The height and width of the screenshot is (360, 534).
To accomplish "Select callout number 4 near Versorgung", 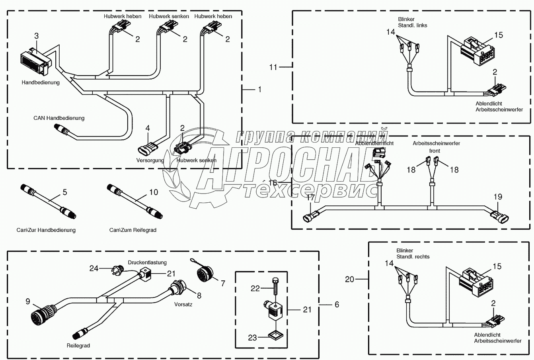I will click(148, 128).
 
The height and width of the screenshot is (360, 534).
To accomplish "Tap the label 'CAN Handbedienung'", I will click(58, 118).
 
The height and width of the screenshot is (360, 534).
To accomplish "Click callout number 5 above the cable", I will click(64, 193).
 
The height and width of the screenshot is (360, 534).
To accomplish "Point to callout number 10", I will click(154, 192).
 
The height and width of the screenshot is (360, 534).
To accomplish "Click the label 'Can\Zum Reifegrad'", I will click(133, 230).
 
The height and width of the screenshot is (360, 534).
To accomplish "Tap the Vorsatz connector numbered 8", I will click(175, 288).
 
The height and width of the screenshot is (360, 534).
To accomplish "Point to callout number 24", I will click(94, 268).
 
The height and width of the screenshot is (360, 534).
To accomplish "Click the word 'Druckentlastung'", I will click(147, 262).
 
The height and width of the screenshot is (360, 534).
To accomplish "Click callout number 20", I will click(349, 280).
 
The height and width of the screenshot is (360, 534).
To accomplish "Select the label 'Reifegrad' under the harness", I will click(78, 346).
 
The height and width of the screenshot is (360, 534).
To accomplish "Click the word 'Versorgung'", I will click(150, 160).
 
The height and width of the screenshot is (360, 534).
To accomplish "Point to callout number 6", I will click(337, 305).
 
